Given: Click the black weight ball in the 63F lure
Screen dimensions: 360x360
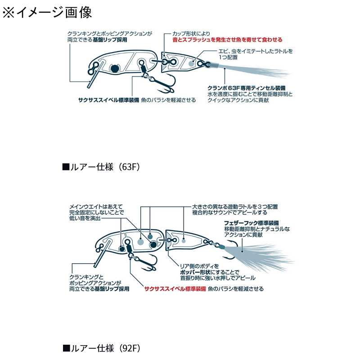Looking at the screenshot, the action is (115, 68).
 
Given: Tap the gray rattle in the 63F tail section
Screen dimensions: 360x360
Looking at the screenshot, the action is (191, 63).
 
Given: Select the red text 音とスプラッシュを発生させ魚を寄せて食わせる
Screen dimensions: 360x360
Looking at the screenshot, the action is (227, 40).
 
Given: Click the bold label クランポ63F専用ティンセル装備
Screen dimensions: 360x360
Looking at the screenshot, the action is (246, 88).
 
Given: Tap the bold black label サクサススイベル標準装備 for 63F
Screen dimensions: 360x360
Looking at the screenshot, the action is (108, 100).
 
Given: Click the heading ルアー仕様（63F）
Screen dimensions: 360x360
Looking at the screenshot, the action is (101, 167).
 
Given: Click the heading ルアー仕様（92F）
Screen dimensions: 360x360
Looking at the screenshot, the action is (101, 348).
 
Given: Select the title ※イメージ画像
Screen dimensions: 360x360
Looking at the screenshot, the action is (47, 12).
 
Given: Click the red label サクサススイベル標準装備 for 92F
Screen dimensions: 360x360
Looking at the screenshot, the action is (175, 289).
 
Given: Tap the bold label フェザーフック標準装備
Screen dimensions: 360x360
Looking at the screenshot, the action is (251, 223).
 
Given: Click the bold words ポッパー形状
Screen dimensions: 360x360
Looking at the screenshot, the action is (195, 272).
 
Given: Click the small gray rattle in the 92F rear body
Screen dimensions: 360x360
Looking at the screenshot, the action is (184, 241).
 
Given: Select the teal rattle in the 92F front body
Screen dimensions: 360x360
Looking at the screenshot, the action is (150, 237).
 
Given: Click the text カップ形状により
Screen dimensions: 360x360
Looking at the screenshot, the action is (191, 34).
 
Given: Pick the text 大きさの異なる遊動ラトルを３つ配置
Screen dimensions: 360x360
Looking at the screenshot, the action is (235, 207).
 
